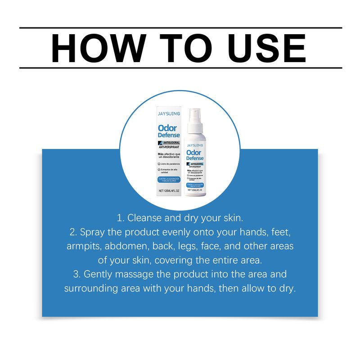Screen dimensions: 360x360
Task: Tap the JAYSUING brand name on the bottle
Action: click(195, 145)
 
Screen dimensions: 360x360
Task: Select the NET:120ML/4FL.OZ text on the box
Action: click(169, 191)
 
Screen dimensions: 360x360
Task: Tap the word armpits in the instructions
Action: click(83, 247)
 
